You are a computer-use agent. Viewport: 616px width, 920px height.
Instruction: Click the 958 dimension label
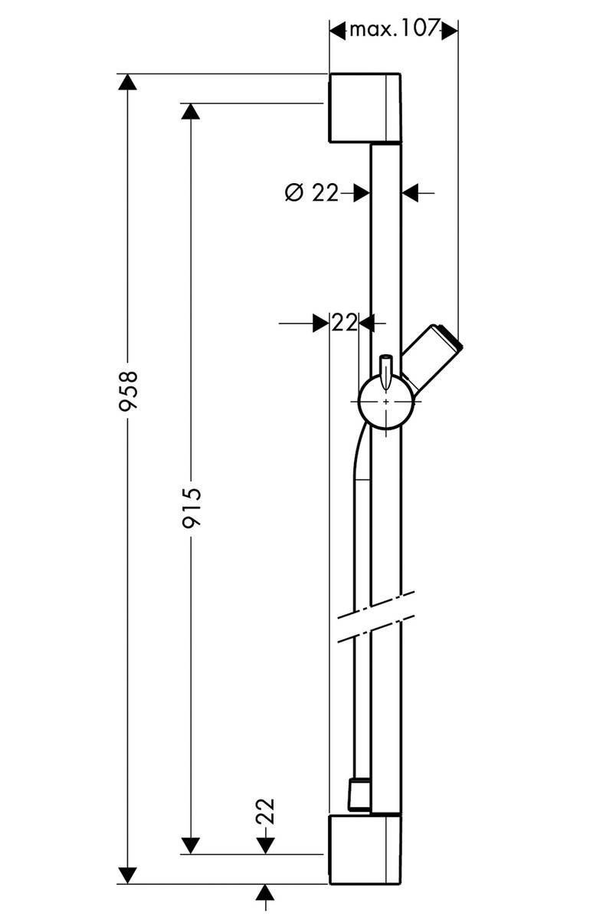pos(128,391)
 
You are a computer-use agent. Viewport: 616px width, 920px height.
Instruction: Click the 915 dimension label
pos(191,508)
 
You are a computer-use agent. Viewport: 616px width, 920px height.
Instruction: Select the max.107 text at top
pos(394,30)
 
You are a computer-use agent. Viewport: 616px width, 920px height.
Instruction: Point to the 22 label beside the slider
pos(345,324)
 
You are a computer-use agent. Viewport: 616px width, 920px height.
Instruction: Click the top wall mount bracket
pos(365,108)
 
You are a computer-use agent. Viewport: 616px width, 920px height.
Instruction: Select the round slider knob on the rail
pos(385,402)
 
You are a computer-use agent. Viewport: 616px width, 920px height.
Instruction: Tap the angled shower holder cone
pos(433,355)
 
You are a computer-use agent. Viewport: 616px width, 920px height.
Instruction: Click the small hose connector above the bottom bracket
pos(357,793)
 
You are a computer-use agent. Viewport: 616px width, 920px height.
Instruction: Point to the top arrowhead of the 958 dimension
pos(127,83)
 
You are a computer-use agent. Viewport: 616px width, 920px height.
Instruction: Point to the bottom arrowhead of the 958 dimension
pos(127,874)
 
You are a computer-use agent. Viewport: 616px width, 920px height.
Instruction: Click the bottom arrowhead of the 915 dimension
pos(191,844)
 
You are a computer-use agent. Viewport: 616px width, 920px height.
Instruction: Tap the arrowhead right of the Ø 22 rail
pos(412,192)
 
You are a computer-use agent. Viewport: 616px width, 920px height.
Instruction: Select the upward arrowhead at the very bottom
pos(265,893)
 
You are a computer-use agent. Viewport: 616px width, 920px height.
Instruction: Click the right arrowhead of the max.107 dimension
pos(450,30)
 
